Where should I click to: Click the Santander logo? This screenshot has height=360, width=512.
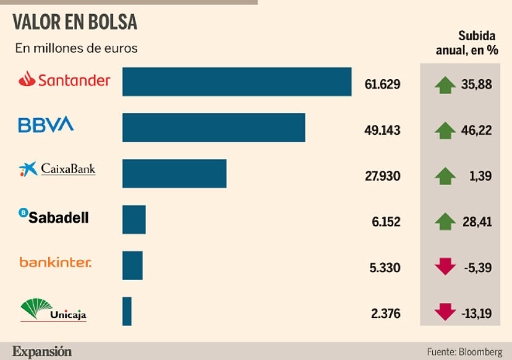pyautogui.click(x=64, y=80)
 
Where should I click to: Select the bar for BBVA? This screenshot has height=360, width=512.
pyautogui.click(x=213, y=127)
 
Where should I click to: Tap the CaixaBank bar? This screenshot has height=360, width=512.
pyautogui.click(x=174, y=173)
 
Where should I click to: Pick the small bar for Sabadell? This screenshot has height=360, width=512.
pyautogui.click(x=134, y=220)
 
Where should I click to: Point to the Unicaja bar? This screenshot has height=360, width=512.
pyautogui.click(x=127, y=311)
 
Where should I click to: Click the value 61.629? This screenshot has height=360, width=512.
pyautogui.click(x=382, y=84)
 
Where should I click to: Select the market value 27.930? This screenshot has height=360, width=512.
pyautogui.click(x=382, y=176)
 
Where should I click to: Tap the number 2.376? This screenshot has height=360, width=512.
pyautogui.click(x=385, y=314)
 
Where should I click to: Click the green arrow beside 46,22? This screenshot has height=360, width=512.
pyautogui.click(x=445, y=131)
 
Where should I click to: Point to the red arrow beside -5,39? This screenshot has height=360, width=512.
pyautogui.click(x=445, y=267)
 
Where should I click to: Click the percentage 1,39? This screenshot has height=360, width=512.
pyautogui.click(x=480, y=176)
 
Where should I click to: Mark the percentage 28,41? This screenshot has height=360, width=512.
pyautogui.click(x=476, y=221)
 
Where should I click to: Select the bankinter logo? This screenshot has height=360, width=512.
pyautogui.click(x=55, y=262)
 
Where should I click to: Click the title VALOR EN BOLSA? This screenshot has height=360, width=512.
pyautogui.click(x=75, y=22)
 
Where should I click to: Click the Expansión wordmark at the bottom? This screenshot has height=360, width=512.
pyautogui.click(x=42, y=351)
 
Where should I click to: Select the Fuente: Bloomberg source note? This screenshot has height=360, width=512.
pyautogui.click(x=464, y=351)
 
